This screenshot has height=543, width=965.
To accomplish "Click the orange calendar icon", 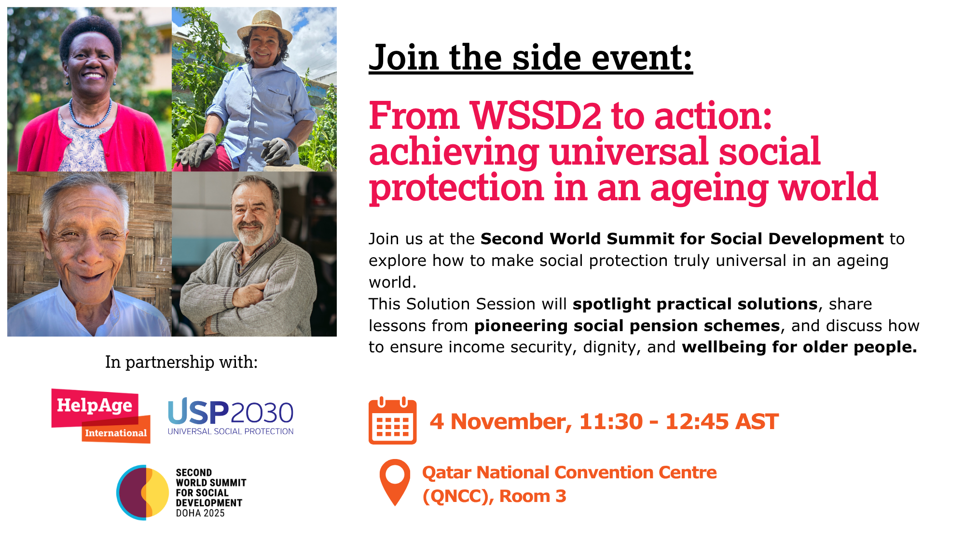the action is pos(392,420).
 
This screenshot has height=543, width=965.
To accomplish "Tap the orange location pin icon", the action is pos(395,482).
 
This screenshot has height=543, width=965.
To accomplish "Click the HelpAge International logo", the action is pos(101,416).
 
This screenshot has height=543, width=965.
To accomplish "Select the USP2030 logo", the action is pos(231,417).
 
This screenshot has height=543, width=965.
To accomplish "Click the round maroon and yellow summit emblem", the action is pos(143,492).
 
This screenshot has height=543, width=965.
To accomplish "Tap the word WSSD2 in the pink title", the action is pos(536,116).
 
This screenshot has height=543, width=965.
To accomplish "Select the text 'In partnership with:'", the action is pos(181,362).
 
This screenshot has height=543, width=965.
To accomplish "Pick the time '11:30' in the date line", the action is pos(611,421).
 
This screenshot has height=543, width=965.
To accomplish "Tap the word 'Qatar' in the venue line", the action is pos(447,473).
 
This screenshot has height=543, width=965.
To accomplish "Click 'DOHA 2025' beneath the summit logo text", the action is pos(200,513).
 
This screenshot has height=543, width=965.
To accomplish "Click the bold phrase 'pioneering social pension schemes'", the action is pos(627,326).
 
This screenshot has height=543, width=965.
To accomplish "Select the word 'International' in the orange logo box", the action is pos(116,433).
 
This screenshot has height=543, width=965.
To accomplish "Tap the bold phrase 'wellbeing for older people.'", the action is pos(800,347).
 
